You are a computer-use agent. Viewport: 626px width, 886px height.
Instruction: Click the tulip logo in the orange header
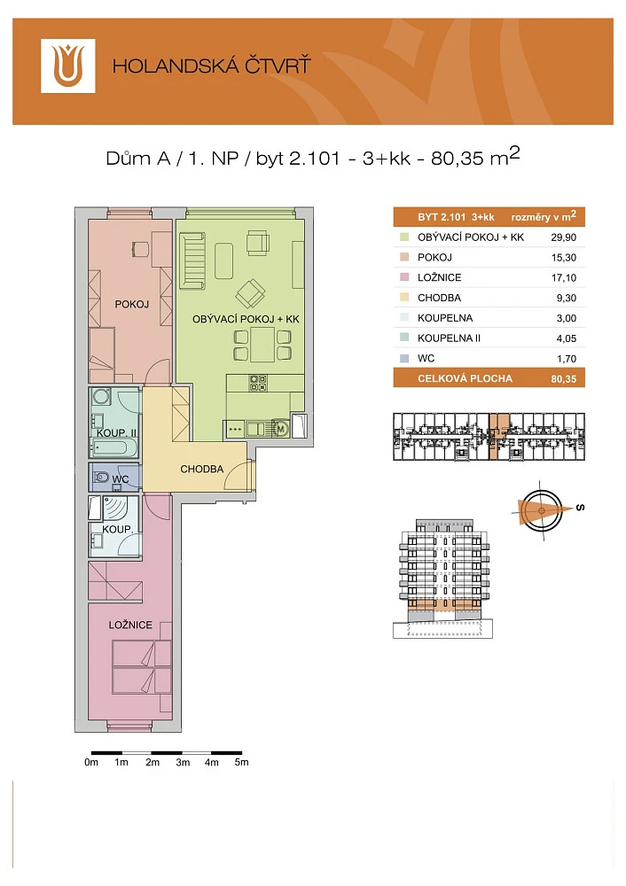pos(68,66)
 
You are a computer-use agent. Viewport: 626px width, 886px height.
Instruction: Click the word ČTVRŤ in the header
pos(278,65)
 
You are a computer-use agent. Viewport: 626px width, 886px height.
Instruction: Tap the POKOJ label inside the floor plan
pos(132,304)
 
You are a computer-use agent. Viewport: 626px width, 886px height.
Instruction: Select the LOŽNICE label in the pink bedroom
pos(130,625)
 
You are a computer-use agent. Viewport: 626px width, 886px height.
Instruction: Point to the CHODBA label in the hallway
pos(202,469)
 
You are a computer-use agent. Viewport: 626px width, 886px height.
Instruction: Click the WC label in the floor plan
pos(121,479)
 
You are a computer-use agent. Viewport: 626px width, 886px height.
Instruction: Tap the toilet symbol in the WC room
pos(101,478)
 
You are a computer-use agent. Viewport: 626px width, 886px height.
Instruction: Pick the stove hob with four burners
pos(258,383)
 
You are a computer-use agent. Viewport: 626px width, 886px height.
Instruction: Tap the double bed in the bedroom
pos(142,667)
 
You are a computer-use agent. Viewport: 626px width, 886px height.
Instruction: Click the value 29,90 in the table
pos(564,237)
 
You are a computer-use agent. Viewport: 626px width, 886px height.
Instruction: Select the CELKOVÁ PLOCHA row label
pos(465,378)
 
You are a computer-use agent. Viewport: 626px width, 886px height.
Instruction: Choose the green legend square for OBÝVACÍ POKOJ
pos(404,237)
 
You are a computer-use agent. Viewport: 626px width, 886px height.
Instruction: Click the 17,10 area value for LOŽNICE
pos(564,277)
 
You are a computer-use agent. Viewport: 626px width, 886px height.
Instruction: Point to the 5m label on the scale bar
pos(241,762)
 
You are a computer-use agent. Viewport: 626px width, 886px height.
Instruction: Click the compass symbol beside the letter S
pos(541,510)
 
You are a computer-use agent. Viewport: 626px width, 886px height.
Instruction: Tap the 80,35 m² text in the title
pos(475,157)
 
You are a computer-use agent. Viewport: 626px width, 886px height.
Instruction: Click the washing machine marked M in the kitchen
pos(281,429)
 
